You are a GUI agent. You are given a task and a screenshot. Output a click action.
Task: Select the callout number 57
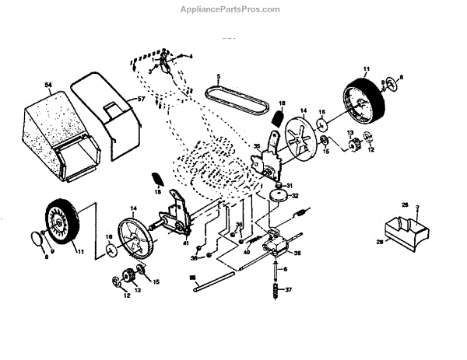tap(141, 100)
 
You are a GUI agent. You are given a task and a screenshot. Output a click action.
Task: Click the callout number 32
tap(297, 197)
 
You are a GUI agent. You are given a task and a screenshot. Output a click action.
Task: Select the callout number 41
tap(186, 244)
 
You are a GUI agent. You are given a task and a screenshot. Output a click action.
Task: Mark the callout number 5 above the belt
tap(219, 76)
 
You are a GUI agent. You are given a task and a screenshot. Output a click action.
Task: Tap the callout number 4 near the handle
tap(189, 57)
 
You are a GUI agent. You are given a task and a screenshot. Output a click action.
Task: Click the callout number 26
tap(405, 204)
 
